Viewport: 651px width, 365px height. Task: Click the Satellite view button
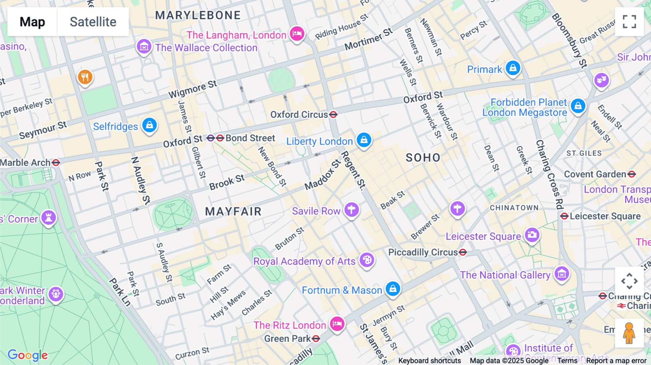[93, 22]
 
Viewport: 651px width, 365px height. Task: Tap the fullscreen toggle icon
[629, 22]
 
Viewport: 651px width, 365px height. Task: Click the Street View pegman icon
[629, 333]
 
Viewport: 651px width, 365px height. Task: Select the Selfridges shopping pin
[149, 125]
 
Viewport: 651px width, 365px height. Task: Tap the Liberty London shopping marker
[364, 140]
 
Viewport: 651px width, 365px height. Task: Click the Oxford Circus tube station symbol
[333, 115]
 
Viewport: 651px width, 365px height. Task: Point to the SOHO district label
[423, 158]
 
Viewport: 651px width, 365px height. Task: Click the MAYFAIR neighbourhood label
[233, 211]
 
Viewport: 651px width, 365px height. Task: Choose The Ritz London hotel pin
[337, 323]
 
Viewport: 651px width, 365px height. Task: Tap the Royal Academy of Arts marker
[367, 259]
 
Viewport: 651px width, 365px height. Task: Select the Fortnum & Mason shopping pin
[393, 289]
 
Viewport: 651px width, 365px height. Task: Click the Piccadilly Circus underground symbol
[463, 252]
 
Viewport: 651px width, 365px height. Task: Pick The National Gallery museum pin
[562, 274]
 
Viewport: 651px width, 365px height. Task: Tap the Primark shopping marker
[513, 68]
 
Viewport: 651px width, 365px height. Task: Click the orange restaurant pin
[85, 77]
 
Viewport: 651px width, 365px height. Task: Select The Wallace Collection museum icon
[144, 46]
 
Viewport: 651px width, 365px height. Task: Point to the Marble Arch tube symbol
[56, 163]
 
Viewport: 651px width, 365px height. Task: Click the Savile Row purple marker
[351, 209]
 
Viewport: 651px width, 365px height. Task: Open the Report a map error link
[616, 361]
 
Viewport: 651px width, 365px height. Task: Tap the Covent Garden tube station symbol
[631, 174]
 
